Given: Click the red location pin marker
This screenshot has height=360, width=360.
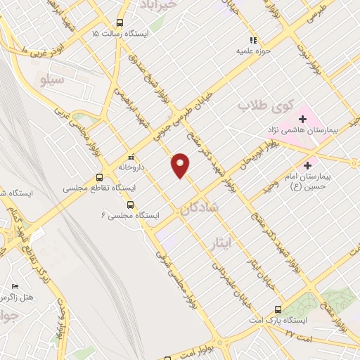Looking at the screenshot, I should coord(181,165).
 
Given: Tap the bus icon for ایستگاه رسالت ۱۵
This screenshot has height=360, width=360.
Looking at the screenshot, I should coord(120,22).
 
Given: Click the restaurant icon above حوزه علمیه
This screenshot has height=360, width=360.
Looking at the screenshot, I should coord(254,40).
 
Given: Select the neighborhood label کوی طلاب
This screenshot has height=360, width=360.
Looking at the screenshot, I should coord(255,106).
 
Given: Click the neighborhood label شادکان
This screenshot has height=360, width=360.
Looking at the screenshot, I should coord(200,208).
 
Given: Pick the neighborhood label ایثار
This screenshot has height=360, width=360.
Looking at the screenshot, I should coord(221,243).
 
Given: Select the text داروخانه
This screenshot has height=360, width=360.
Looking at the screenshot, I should coord(130,168).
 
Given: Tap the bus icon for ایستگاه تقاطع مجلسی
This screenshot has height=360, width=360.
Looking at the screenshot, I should coord(99,178).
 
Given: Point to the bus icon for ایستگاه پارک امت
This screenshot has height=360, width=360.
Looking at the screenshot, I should coord(278,309).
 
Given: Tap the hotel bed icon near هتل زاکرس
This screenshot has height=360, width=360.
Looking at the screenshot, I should coord(15,288).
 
